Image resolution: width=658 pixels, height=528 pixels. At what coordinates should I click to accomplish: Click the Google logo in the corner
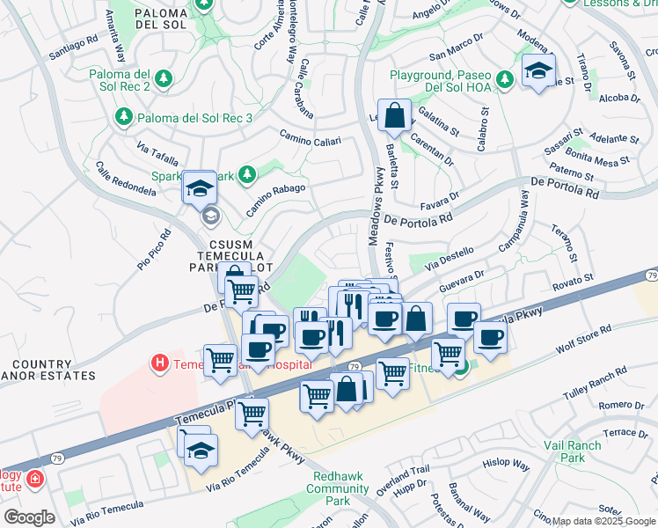pyautogui.click(x=29, y=517)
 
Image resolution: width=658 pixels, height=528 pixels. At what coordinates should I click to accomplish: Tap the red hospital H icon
pyautogui.click(x=159, y=363)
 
